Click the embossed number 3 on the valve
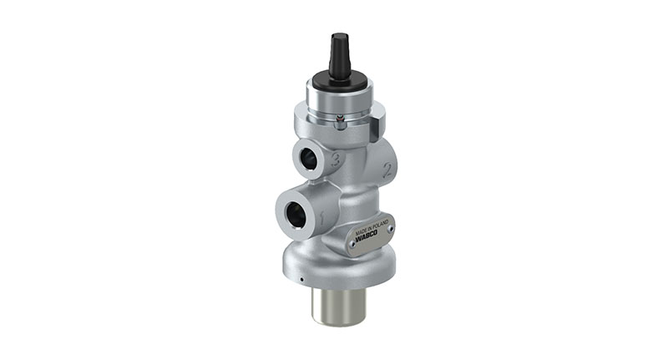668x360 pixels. click(335, 161)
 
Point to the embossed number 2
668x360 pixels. click(387, 171)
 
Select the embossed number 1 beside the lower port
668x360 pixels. click(320, 219)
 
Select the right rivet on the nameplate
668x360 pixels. click(392, 223)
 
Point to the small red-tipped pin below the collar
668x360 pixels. click(337, 123)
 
